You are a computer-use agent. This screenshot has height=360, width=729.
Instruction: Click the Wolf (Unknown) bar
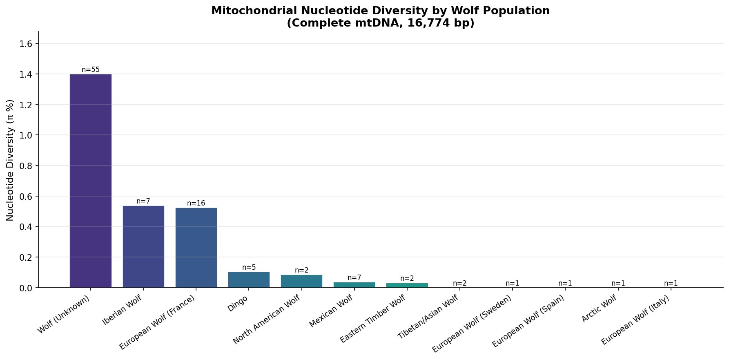tap(91, 181)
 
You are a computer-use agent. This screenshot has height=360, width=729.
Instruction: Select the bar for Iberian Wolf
tap(143, 246)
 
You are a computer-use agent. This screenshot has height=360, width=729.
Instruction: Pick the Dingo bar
tap(249, 280)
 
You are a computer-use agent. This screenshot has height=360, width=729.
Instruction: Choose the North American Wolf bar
tap(301, 281)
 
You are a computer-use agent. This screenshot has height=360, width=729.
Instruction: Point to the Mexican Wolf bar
tap(354, 285)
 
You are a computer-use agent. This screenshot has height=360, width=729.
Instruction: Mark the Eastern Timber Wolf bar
tap(407, 285)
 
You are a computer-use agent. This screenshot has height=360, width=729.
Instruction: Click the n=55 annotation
tap(91, 69)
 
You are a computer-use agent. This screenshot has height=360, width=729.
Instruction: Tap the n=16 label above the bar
tap(196, 203)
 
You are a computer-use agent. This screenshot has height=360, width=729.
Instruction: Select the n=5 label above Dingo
tap(249, 267)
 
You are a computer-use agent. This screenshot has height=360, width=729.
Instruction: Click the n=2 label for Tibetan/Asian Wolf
tap(459, 284)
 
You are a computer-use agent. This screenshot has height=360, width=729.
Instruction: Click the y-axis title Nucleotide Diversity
tap(11, 160)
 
